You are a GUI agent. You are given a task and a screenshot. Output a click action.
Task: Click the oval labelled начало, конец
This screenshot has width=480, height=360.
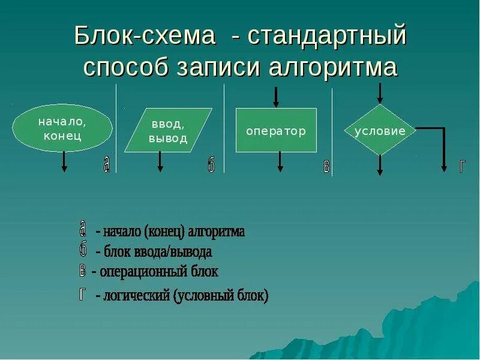pos(62,128)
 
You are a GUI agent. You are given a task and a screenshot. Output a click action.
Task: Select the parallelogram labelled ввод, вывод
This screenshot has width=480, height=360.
pos(169,130)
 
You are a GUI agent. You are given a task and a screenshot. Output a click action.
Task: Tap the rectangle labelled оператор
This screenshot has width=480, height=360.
pos(276,130)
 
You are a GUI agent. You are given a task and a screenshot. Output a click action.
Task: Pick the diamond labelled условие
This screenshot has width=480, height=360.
pos(380,130)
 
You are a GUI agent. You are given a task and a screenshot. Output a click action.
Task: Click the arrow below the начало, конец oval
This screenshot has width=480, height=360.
pos(64,162)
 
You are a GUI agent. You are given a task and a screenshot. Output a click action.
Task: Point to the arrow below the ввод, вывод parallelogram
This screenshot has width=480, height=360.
pos(160,162)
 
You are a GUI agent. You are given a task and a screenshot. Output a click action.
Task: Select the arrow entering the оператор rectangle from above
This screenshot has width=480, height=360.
pos(276,97)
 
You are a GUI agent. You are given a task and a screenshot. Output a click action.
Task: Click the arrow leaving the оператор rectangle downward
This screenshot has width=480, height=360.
pos(280,162)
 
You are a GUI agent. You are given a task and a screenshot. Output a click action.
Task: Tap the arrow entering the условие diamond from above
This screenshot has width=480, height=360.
pos(379,94)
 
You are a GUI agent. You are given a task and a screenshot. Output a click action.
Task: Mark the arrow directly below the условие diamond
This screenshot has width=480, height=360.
pos(379,166)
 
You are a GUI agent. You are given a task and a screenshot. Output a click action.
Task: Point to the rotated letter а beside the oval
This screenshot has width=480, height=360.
pos(107,166)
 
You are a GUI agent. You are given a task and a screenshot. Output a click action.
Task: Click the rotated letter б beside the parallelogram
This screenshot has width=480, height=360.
pos(211,166)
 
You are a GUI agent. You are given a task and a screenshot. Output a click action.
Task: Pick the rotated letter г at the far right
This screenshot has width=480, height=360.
pos(461,166)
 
